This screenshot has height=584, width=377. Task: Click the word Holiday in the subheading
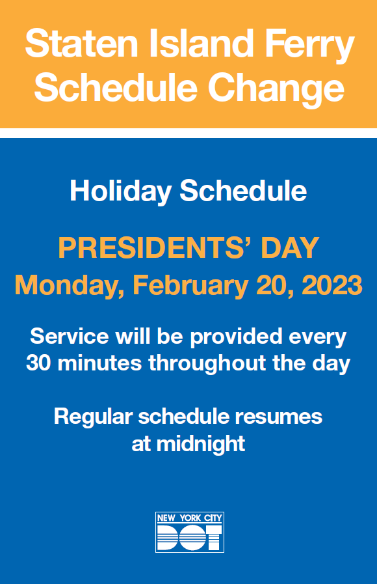120,191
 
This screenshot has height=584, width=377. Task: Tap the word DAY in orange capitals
290,247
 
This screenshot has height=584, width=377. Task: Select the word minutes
101,363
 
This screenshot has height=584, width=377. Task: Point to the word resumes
282,417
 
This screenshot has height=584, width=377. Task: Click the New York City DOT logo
189,532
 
